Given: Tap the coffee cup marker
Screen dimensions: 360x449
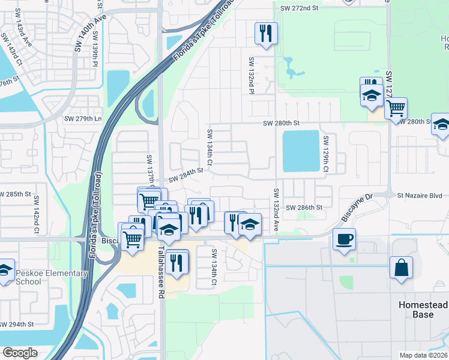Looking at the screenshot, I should [344, 240].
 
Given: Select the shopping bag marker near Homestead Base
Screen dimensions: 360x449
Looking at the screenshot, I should [401, 268].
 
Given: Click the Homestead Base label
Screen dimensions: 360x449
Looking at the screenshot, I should [423, 310].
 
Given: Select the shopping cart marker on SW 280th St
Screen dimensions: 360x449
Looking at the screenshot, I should [396, 109].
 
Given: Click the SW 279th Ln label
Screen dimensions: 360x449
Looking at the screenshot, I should [83, 118].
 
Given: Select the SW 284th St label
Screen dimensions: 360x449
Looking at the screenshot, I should [187, 173].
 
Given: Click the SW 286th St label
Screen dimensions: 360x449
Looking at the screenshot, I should [304, 208].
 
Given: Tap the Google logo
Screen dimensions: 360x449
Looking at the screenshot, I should [20, 353].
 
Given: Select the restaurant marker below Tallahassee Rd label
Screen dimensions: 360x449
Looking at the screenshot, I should [176, 262].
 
